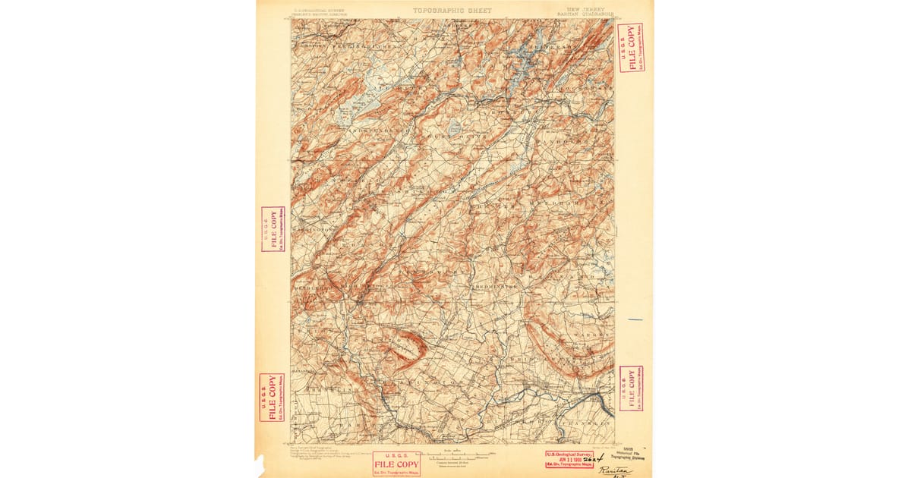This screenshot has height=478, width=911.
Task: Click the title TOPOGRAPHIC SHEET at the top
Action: coord(452,11)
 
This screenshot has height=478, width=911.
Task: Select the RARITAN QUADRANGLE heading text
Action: coord(584,14)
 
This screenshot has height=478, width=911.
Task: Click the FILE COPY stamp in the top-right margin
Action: coord(631,48)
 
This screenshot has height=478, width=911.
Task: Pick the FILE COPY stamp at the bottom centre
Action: coord(396,464)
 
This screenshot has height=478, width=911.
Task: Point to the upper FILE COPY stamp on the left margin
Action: coord(273,229)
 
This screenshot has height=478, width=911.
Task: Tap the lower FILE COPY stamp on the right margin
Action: coord(632,388)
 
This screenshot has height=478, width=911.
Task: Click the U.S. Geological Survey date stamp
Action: coord(569,459)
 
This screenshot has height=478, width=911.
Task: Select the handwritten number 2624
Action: coord(594,458)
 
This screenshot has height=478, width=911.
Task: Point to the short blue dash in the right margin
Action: coord(635,319)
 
